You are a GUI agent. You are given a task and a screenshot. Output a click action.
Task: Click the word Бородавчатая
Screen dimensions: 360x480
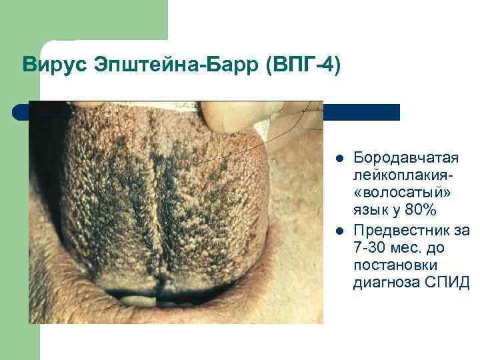[406, 157]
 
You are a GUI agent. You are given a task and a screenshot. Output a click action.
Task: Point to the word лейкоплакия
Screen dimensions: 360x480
[403, 175]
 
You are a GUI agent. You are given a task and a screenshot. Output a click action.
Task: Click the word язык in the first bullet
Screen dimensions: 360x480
[371, 211]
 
